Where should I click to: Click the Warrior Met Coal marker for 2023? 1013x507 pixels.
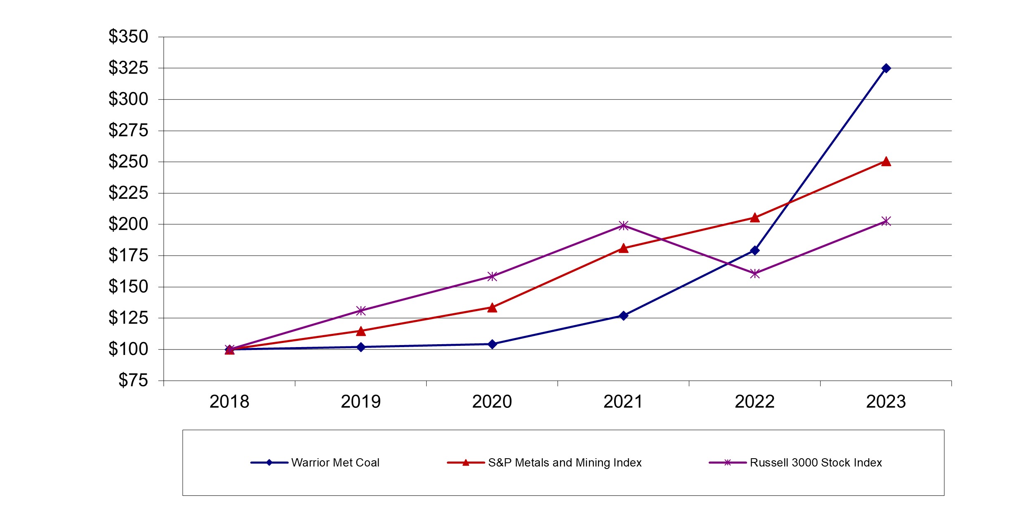(x=886, y=68)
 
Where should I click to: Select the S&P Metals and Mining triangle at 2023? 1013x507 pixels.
(x=886, y=162)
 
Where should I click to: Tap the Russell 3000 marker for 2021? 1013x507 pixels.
(x=624, y=225)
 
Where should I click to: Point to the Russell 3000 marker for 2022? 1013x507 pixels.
(x=755, y=274)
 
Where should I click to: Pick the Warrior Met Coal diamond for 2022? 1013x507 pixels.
(x=755, y=250)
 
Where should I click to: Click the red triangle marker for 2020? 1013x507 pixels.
(x=492, y=307)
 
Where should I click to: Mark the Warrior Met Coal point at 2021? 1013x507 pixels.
(x=624, y=316)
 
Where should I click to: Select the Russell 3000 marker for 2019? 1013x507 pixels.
(x=361, y=310)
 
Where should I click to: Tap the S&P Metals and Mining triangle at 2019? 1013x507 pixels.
(x=361, y=331)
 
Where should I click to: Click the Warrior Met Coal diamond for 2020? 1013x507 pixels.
(x=492, y=344)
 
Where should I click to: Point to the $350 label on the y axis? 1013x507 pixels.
(x=128, y=37)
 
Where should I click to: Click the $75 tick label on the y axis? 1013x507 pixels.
(x=133, y=381)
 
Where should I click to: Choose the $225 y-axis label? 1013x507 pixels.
(x=128, y=193)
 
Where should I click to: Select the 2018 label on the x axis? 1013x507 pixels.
(x=229, y=402)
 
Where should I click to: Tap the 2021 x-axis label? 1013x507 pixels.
(x=623, y=402)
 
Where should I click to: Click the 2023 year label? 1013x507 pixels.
(x=886, y=402)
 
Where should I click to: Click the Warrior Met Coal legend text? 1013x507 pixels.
(x=335, y=463)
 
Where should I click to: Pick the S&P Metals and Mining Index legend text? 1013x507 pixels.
(x=565, y=463)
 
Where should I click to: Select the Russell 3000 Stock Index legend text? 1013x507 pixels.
(x=816, y=463)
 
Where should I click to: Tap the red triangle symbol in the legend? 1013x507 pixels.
(x=466, y=463)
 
